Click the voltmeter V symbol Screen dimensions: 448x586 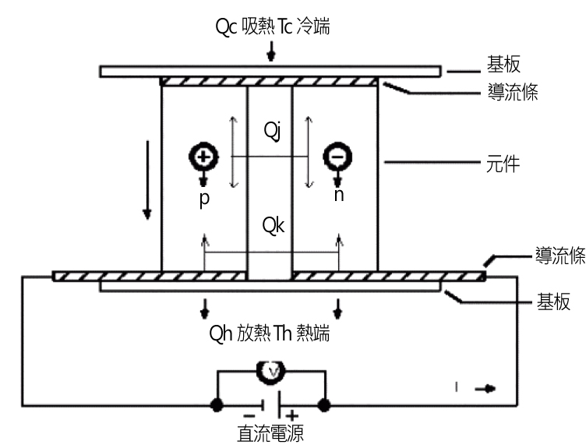(x=271, y=373)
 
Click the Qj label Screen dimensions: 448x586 (x=271, y=130)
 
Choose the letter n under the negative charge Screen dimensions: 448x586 (x=337, y=196)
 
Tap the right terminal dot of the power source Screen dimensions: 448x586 (x=323, y=405)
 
